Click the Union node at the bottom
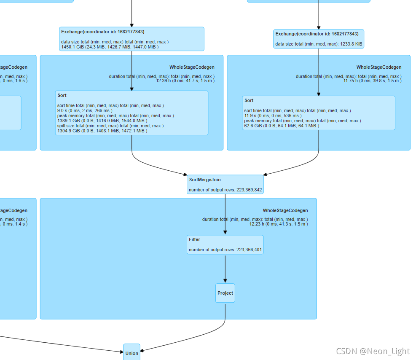coord(132,353)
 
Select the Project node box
coord(225,293)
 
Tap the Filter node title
coord(194,239)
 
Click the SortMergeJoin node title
coord(205,180)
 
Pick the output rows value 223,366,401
coord(249,250)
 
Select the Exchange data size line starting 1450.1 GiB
coord(110,47)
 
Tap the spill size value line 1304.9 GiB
coord(102,131)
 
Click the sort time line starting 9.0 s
coord(85,110)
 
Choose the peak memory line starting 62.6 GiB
coord(282,126)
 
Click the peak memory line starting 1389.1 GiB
coord(102,121)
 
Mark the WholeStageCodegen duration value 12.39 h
coord(185,81)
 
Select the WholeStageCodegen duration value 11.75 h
coord(372,81)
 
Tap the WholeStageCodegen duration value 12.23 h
coord(279,224)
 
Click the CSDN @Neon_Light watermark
coord(373,351)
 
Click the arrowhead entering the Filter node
coord(225,232)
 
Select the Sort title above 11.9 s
coord(249,100)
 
